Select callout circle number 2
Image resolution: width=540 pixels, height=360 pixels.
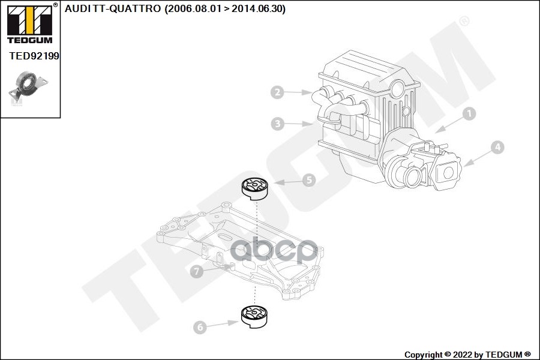tap(277, 92)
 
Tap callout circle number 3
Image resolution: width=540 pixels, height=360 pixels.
tap(277, 124)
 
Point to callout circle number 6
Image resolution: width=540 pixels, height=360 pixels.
tap(200, 327)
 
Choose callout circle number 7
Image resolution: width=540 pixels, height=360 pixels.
tap(196, 271)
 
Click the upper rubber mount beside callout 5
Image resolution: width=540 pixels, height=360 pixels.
tap(254, 188)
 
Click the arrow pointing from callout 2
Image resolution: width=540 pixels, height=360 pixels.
tap(298, 92)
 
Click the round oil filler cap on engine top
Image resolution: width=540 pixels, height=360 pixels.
tap(397, 90)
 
